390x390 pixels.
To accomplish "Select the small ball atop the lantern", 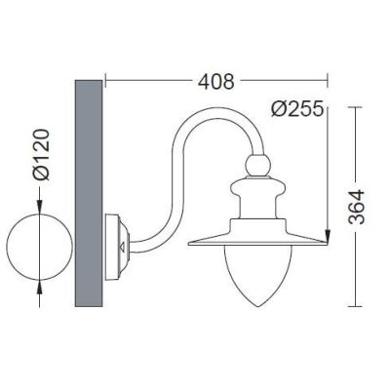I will coord(259,166).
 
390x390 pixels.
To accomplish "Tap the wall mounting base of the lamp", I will coord(118,240).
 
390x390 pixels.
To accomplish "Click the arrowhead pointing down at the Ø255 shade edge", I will coord(333,235).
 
